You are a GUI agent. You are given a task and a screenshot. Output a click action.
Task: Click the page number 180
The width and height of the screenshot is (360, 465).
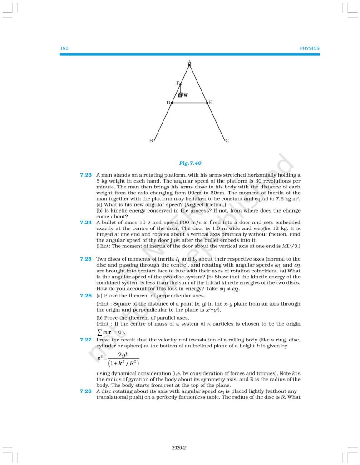64,48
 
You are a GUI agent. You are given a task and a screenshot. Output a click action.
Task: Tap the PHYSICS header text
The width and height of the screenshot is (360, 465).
310,48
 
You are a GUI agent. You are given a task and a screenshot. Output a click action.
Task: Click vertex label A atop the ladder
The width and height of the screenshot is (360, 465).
189,62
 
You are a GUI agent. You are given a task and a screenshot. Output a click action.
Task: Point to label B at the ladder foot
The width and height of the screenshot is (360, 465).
151,141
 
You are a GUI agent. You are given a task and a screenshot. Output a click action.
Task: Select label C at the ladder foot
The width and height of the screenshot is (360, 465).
227,141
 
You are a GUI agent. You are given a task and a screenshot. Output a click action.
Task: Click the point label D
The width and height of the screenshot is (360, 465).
168,103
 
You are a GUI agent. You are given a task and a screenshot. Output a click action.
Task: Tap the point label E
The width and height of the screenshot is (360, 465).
211,103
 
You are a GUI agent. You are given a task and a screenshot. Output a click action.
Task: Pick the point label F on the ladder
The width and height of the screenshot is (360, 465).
178,84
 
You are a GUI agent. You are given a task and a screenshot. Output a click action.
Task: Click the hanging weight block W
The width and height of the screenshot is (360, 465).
180,95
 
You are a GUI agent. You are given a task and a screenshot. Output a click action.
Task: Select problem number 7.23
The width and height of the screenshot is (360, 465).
86,175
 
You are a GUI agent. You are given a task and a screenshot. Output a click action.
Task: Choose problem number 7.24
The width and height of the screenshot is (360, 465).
86,223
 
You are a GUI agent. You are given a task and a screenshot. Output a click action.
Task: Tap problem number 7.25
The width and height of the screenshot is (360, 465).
86,258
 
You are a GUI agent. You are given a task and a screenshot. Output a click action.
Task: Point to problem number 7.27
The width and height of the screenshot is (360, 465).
86,340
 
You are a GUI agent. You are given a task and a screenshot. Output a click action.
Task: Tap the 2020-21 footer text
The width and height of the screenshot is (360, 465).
180,448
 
